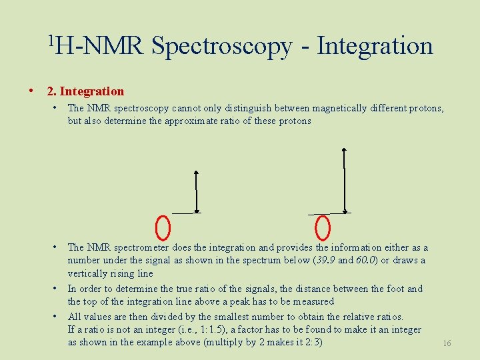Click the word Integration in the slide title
[x=375, y=46]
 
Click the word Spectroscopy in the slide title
[x=221, y=47]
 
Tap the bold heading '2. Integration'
[x=85, y=91]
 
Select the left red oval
[x=163, y=227]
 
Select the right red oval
[x=323, y=227]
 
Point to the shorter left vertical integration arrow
[x=196, y=191]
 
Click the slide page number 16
[x=447, y=343]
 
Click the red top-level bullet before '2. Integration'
[x=31, y=91]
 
